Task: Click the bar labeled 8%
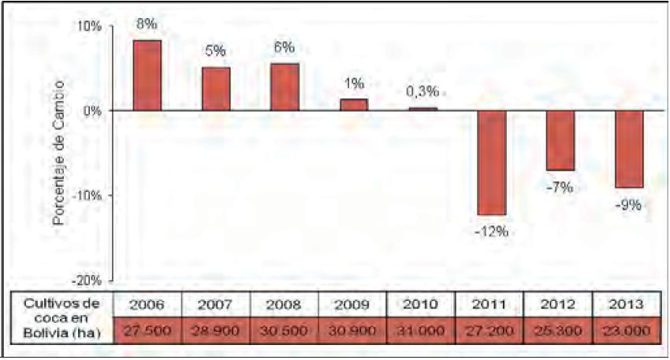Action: click(x=147, y=75)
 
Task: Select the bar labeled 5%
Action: click(x=216, y=89)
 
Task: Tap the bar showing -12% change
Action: click(x=491, y=162)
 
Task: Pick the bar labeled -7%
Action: click(x=560, y=140)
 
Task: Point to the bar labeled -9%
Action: click(x=629, y=149)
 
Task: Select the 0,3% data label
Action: click(x=422, y=92)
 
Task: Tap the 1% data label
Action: click(x=353, y=84)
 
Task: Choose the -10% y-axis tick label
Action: click(x=89, y=195)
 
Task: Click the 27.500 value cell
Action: click(x=147, y=330)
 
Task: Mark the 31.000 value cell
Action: click(x=422, y=330)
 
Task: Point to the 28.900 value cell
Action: click(x=216, y=330)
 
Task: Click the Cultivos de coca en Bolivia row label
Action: click(x=61, y=317)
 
